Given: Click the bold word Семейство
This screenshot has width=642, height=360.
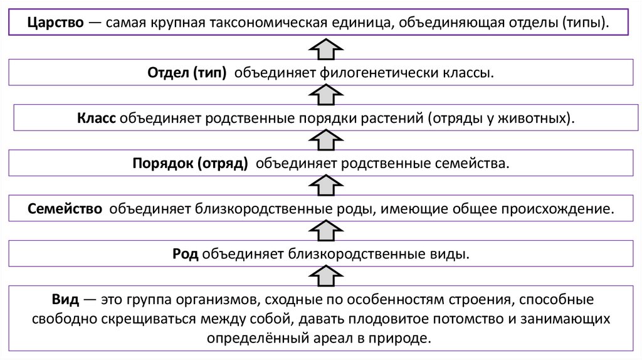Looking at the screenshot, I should click(x=65, y=208).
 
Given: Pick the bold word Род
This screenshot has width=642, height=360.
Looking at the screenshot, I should click(x=186, y=255).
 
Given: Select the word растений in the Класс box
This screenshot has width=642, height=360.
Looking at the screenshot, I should click(x=392, y=118).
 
